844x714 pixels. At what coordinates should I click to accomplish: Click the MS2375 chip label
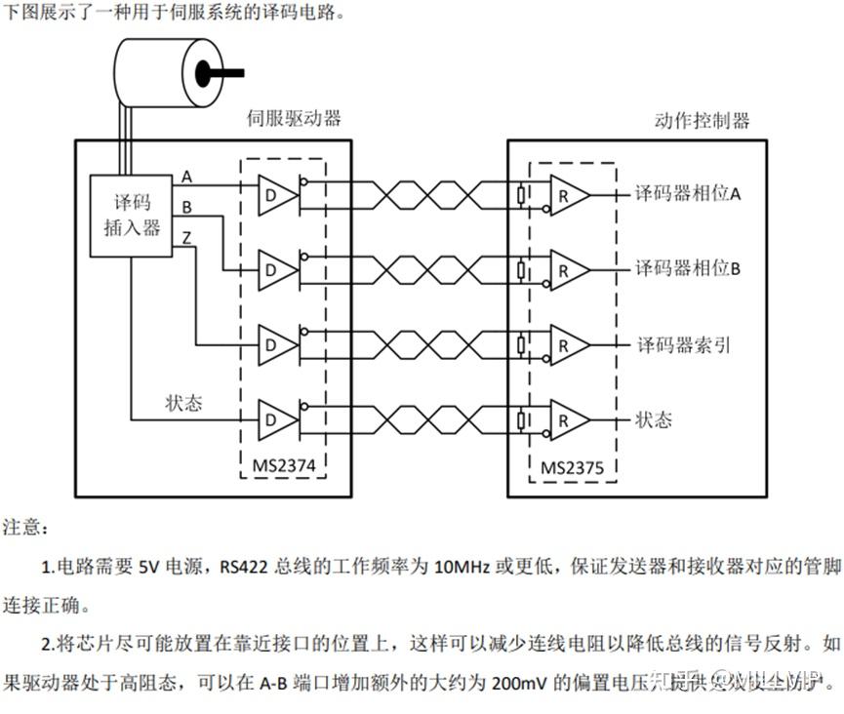coord(573,468)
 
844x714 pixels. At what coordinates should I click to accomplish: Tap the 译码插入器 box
coord(132,215)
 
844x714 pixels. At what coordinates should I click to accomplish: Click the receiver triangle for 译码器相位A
coord(569,195)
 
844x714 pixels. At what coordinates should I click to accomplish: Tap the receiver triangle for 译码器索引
coord(569,344)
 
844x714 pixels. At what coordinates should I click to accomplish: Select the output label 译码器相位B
coord(688,268)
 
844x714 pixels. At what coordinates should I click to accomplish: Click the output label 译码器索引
coord(683,344)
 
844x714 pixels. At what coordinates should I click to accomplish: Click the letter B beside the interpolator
coord(186,207)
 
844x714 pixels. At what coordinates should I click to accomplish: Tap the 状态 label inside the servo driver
coord(183,403)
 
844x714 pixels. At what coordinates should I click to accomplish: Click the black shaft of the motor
coord(221,72)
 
